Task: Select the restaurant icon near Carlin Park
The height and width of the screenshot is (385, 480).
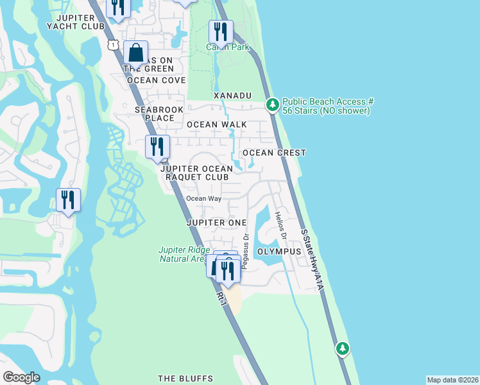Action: pos(221,32)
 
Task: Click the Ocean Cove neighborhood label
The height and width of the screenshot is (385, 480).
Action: pos(156,80)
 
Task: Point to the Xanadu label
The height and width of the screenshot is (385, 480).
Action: pos(232,96)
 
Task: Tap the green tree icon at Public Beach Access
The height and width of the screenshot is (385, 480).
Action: pos(272,104)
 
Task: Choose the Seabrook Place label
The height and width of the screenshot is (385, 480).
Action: pos(155,114)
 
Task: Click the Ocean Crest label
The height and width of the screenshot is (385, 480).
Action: pos(274,153)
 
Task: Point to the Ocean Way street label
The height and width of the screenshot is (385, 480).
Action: pos(203,198)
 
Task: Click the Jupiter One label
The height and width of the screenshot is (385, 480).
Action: pos(216,222)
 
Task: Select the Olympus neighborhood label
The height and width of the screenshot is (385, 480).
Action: pos(279,252)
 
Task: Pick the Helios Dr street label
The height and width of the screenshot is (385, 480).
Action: pos(280,226)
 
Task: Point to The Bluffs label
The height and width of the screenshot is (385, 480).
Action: pos(185,379)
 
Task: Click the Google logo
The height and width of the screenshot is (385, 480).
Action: pos(21,377)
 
